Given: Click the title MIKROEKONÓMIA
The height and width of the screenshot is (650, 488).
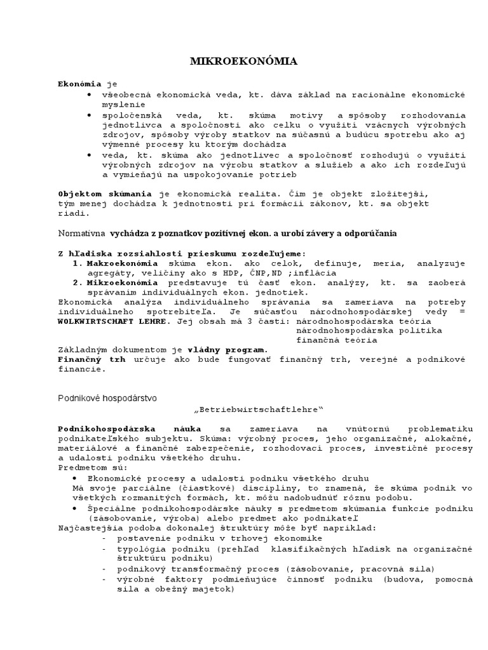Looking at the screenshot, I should coord(244,62).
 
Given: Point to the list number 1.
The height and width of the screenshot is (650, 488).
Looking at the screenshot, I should coord(77,263).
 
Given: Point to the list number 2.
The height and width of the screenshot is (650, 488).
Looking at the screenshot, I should coord(77,282).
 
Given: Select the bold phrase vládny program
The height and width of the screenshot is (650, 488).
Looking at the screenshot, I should coord(227,350).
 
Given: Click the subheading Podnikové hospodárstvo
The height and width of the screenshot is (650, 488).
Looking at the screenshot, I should coord(107,397).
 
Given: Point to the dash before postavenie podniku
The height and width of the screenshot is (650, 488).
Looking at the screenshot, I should coord(104,538).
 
